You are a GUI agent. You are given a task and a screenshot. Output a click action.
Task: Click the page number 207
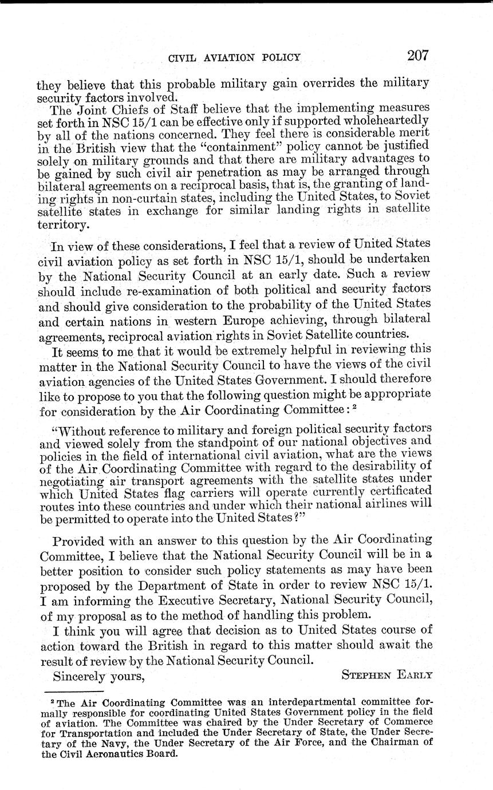click(417, 56)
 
